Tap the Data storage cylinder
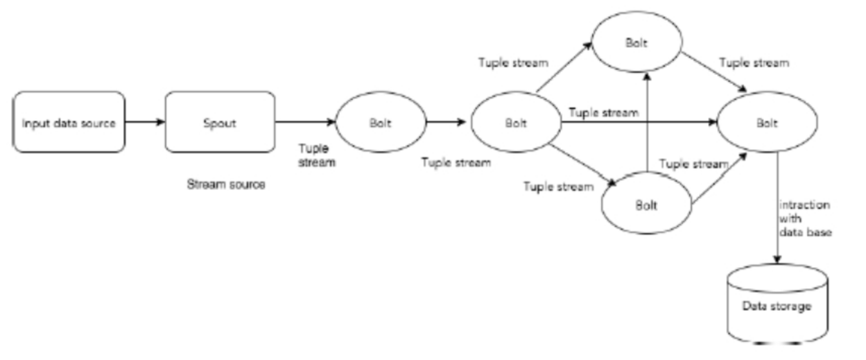coord(777,305)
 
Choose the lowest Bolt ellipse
coord(646,206)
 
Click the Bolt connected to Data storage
coord(768,123)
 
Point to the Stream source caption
coord(226,186)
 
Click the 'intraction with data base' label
coord(806,218)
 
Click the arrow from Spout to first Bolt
coord(305,122)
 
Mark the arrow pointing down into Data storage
coord(777,208)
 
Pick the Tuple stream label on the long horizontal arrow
coord(603,112)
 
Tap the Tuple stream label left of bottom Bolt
coord(558,187)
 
